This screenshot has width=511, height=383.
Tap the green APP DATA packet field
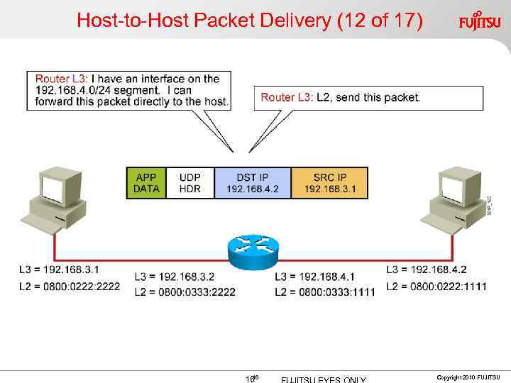coord(146,183)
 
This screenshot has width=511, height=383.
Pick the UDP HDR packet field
coord(190,183)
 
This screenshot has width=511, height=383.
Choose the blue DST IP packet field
coord(252,183)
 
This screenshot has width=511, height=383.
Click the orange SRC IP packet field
coord(329,183)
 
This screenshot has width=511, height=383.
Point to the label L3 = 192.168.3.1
coord(59,270)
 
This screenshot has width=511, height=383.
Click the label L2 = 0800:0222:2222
coord(70,286)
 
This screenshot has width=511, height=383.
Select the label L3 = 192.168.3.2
coord(175,276)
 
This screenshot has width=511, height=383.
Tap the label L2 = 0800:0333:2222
coord(185,292)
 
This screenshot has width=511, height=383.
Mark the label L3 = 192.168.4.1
coord(314,276)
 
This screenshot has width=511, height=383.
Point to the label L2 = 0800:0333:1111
coord(324,292)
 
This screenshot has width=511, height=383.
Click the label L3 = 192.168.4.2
coord(427,270)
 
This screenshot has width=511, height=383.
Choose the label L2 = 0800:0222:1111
coord(436,286)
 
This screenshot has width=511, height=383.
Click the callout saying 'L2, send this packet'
coord(341,98)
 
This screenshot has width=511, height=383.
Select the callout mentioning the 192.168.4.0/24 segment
coord(128,90)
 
